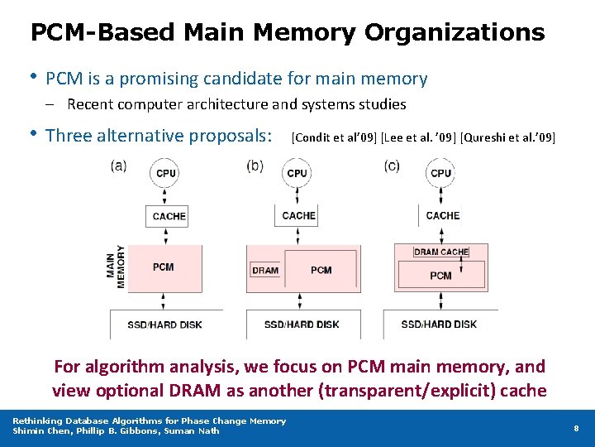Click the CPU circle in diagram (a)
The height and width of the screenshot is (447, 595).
coord(164,173)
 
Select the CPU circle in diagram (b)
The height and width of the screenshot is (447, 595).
coord(296,173)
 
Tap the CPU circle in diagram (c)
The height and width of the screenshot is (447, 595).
coord(440,173)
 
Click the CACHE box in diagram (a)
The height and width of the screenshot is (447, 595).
coord(169,216)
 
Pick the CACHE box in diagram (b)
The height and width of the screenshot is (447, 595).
coord(298,215)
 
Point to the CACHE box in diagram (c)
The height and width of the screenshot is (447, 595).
coord(442,215)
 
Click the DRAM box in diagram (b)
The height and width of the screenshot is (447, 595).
coord(265,270)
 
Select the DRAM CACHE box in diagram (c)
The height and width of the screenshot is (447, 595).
coord(441,252)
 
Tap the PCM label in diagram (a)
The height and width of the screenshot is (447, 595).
coord(164,267)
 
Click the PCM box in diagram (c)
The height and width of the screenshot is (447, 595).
coord(441,275)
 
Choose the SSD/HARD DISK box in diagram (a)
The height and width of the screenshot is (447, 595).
coord(164,324)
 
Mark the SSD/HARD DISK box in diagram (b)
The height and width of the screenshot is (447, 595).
coord(302,324)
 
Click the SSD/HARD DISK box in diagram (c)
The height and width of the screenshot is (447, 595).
coord(439,324)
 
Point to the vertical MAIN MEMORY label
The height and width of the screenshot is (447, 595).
coord(116,267)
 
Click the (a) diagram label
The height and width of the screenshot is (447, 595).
coord(118,166)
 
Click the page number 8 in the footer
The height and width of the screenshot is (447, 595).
coord(576,428)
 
